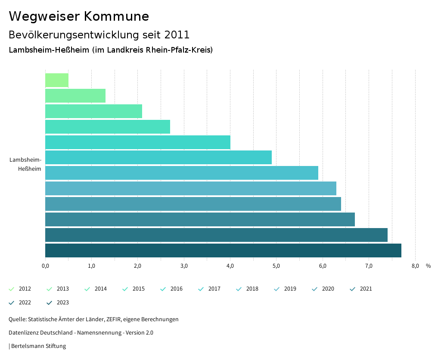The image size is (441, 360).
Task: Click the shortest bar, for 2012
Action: point(57,80)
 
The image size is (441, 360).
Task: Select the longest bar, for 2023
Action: point(223,250)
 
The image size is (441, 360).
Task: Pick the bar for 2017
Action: point(158,157)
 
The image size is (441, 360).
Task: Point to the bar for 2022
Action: point(216,235)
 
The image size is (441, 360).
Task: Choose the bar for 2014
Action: point(93,111)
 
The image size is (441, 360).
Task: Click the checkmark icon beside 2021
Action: point(353,289)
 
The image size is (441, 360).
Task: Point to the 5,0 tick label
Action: point(276,266)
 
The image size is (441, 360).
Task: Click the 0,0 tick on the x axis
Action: point(45,266)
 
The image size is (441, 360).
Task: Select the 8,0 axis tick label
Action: point(415,266)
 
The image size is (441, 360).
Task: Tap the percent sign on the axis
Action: point(428,266)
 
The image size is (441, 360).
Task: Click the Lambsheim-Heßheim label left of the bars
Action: point(26,164)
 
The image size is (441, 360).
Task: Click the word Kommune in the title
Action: point(116,16)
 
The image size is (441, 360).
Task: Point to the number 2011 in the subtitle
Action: point(177,34)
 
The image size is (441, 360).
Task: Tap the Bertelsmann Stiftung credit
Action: point(38,346)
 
